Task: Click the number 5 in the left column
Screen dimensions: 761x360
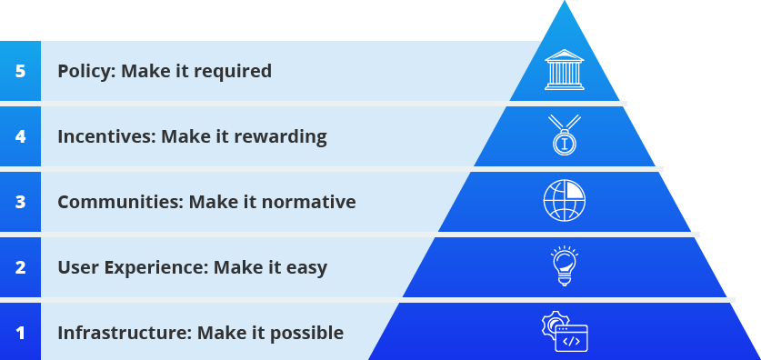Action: (20, 71)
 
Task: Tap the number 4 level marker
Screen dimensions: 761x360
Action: (20, 137)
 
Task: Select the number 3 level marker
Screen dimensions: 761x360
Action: (20, 202)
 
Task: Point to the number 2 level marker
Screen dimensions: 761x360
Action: (20, 267)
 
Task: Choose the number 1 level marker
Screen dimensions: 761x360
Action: (20, 333)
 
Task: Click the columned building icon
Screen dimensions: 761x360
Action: (565, 69)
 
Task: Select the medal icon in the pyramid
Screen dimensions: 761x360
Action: (565, 135)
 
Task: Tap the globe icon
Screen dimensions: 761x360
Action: (565, 200)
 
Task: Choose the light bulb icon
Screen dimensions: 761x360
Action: (565, 265)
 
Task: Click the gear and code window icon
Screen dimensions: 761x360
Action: (565, 332)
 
